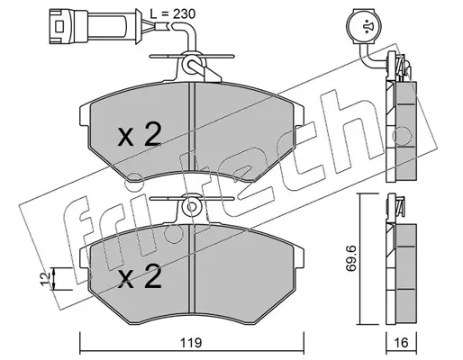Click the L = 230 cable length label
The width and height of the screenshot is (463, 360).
point(173,13)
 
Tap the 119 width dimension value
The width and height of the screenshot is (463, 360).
point(192,343)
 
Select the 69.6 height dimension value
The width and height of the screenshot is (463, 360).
point(350,258)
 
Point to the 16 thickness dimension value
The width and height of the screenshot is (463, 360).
point(401,343)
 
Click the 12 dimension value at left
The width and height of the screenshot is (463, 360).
point(46,279)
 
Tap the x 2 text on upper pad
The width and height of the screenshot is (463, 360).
point(140,135)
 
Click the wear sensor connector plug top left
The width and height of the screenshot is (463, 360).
point(95,26)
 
